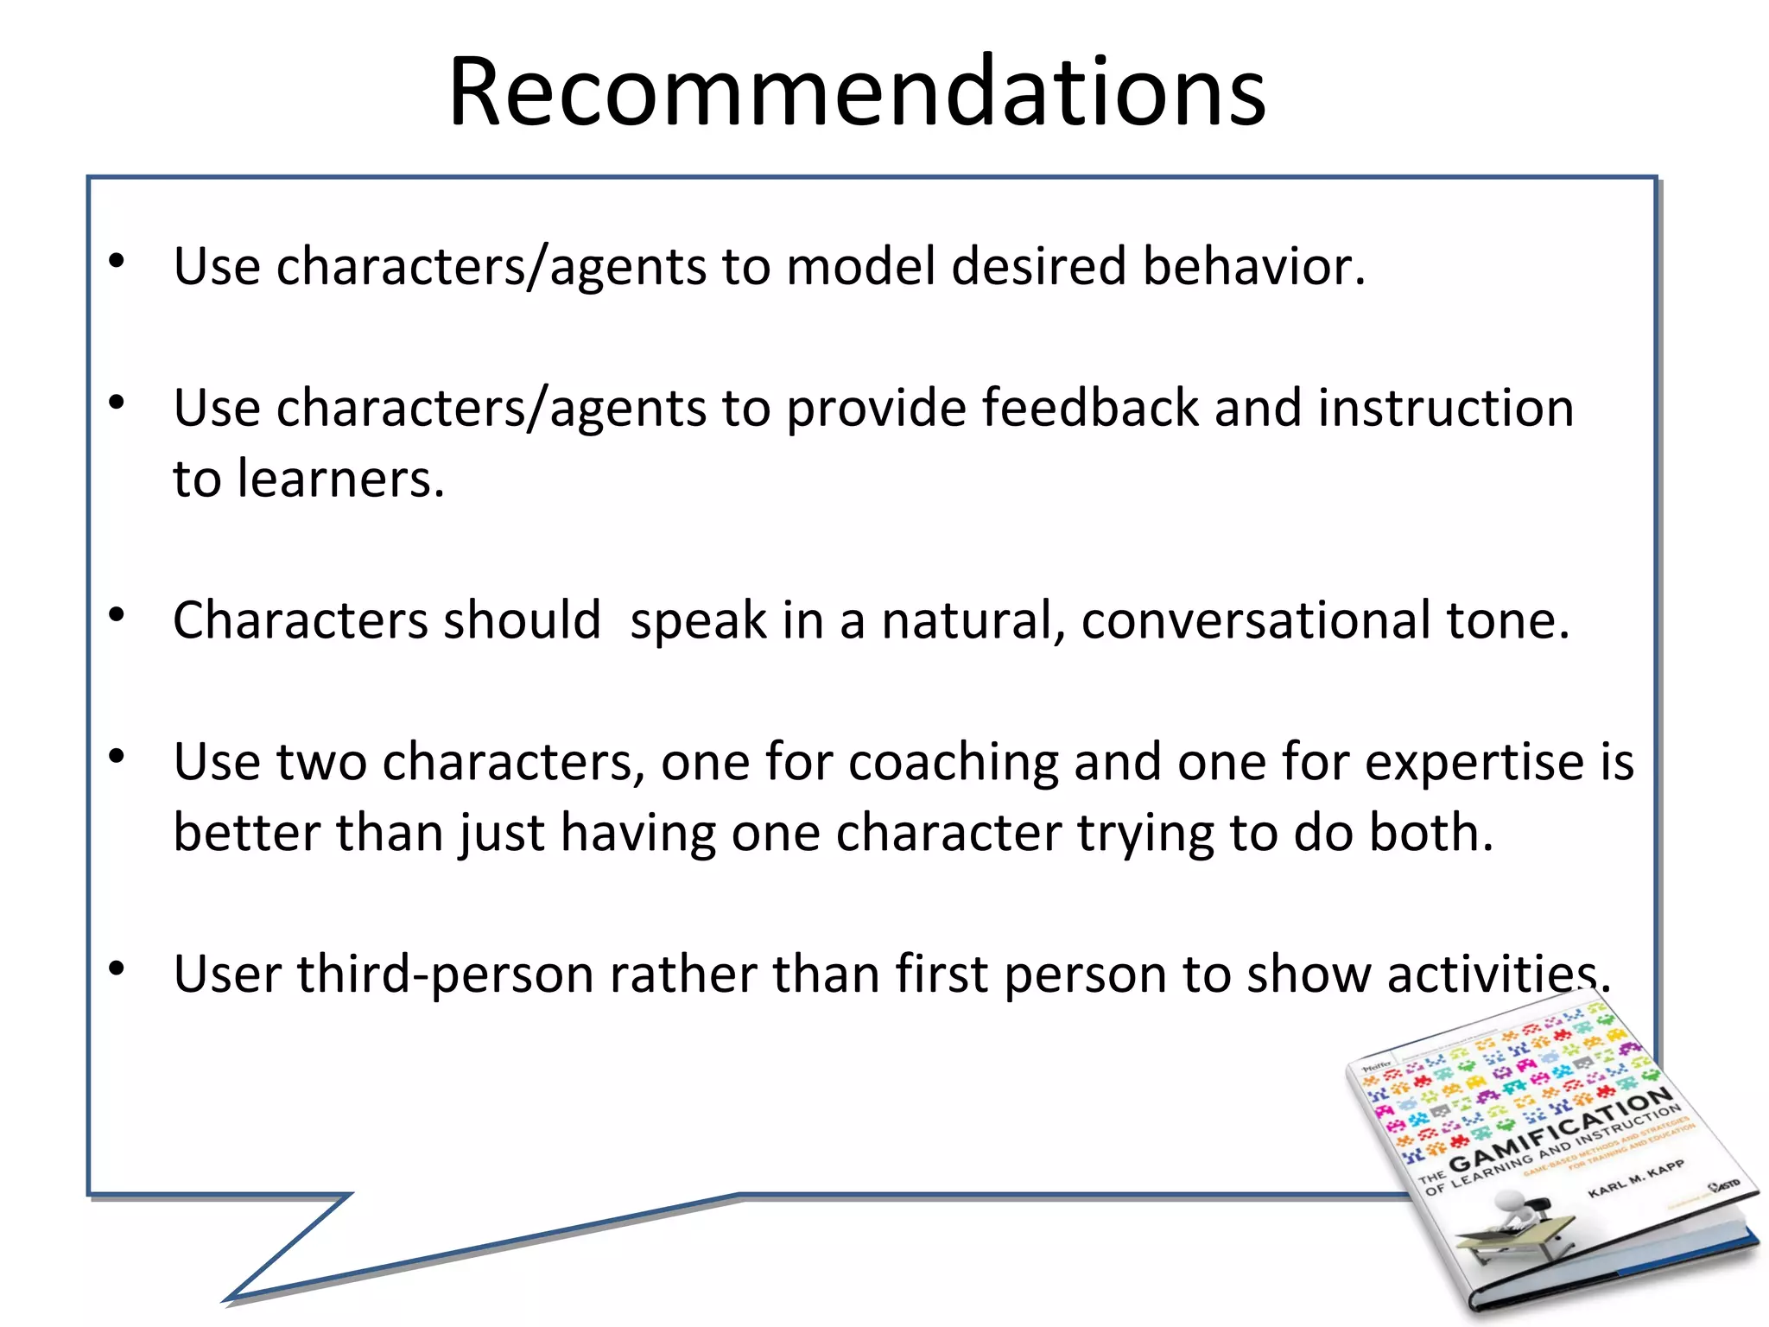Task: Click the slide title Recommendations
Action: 857,92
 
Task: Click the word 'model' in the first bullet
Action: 860,266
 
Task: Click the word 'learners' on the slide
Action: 337,479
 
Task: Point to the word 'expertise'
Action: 1474,763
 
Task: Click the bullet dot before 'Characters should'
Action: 117,615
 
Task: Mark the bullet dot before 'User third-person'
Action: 117,969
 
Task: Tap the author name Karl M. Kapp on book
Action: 1636,1179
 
